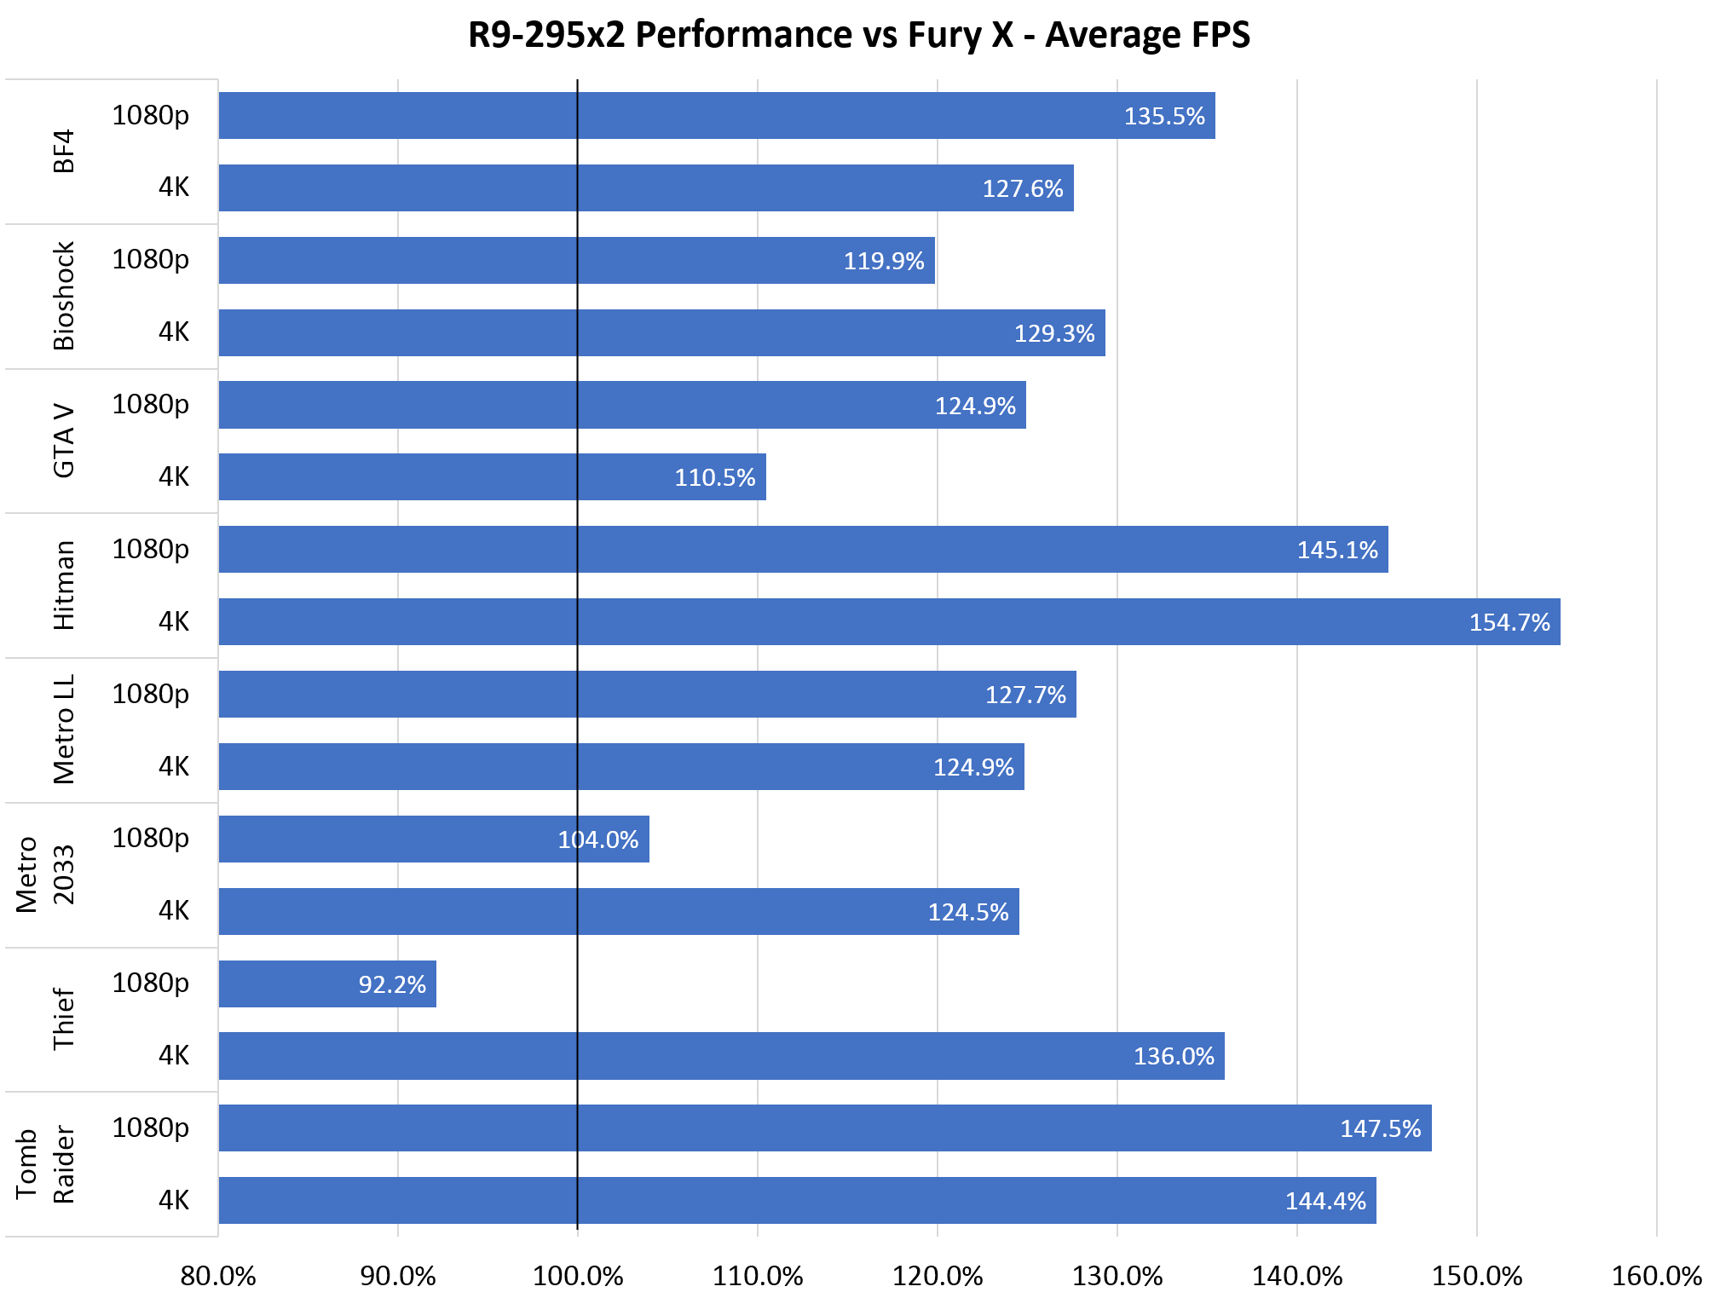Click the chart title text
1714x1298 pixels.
[x=858, y=35]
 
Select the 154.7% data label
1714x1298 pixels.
[x=1509, y=622]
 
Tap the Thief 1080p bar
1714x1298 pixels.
[x=327, y=984]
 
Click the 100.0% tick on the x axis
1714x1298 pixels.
[x=578, y=1276]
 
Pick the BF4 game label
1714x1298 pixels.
[x=64, y=152]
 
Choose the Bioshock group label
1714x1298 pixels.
[x=64, y=296]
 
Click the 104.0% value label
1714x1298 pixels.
[x=597, y=840]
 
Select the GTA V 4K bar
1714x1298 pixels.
[x=492, y=477]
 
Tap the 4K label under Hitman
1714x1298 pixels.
[x=174, y=622]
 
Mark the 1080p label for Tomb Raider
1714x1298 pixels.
[x=150, y=1128]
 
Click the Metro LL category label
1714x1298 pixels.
[x=64, y=730]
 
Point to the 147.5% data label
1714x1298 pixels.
[x=1380, y=1129]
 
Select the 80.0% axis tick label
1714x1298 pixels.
[x=218, y=1276]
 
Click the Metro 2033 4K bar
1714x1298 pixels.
[x=618, y=911]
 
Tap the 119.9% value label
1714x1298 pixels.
[x=883, y=261]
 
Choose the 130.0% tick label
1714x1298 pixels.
[x=1117, y=1276]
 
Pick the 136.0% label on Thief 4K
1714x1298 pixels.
[x=1173, y=1057]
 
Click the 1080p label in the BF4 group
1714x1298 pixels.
[x=150, y=115]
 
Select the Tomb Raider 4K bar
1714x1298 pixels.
[x=797, y=1200]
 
